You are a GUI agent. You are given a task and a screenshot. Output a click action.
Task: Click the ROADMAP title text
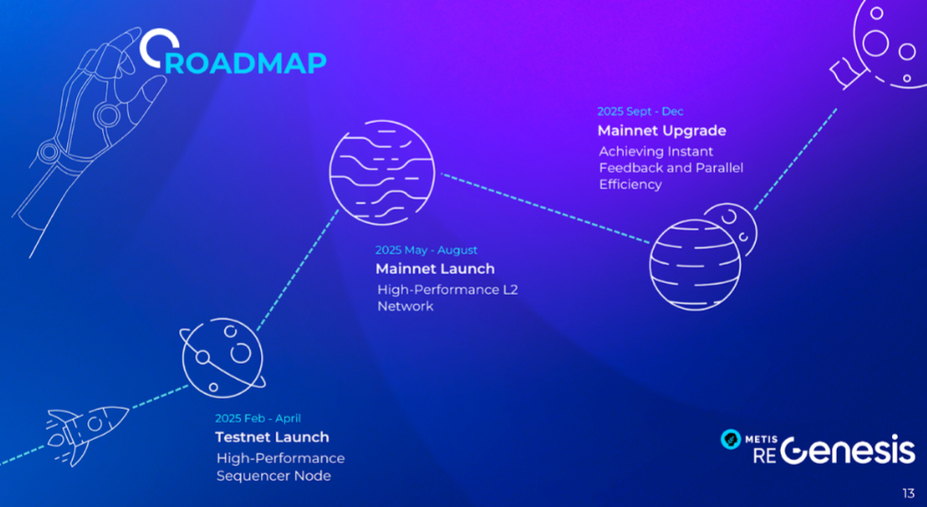point(233,52)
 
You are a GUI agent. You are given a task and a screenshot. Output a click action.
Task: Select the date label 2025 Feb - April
point(258,418)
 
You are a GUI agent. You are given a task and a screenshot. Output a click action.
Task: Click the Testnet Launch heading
point(272,437)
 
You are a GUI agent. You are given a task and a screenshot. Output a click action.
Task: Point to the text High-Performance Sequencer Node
point(280,467)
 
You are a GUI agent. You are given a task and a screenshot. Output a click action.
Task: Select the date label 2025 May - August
point(426,250)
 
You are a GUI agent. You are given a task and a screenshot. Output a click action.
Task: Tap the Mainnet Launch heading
point(435,269)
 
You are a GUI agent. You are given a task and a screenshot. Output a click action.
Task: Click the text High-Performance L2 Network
point(447,298)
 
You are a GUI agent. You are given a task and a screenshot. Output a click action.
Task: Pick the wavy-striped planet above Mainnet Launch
point(382,173)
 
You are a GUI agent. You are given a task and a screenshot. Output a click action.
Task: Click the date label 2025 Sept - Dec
point(640,111)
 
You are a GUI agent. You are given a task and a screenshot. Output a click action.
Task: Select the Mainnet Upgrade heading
point(661,130)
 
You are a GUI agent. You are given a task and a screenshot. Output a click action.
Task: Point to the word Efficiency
point(630,185)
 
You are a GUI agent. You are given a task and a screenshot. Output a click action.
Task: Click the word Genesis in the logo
point(847,450)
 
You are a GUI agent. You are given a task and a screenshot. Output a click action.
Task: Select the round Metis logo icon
point(730,439)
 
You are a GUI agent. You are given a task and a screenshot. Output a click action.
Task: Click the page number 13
point(908,493)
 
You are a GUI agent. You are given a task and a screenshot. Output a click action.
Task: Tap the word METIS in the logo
point(761,440)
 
